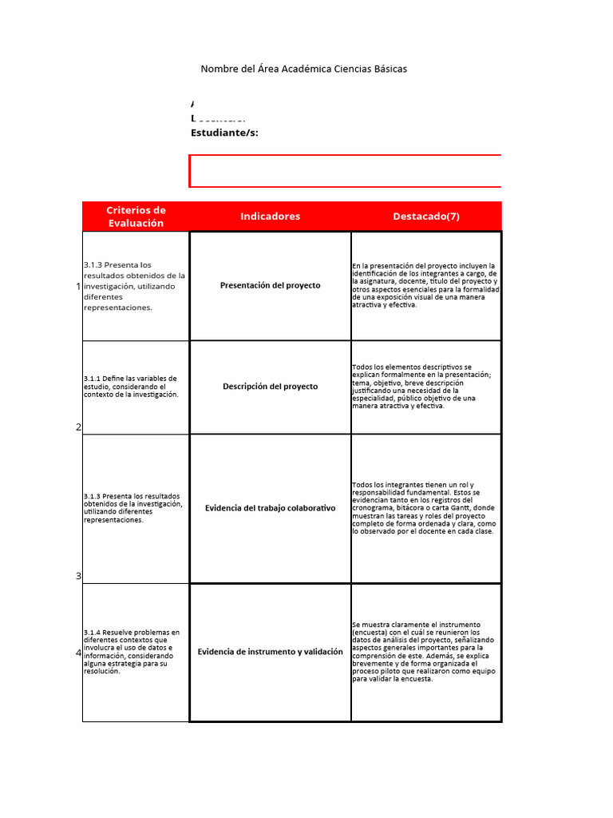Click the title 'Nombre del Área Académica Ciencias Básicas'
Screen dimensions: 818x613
pyautogui.click(x=303, y=69)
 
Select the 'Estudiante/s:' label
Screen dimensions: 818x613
pyautogui.click(x=224, y=133)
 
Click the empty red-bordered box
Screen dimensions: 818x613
pyautogui.click(x=346, y=171)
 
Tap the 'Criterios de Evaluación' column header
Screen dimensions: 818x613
pyautogui.click(x=136, y=216)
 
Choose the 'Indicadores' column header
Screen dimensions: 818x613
pyautogui.click(x=270, y=216)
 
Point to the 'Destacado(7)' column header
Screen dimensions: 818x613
pyautogui.click(x=426, y=216)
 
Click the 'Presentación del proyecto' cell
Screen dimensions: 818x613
pyautogui.click(x=270, y=285)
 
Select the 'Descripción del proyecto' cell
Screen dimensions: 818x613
pyautogui.click(x=270, y=387)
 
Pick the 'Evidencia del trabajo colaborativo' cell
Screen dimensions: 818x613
pyautogui.click(x=270, y=508)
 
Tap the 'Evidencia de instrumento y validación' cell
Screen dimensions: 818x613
pyautogui.click(x=270, y=652)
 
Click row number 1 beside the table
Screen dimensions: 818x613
pyautogui.click(x=78, y=286)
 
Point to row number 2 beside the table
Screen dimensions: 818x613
pyautogui.click(x=78, y=427)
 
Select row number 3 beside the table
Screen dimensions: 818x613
pyautogui.click(x=78, y=576)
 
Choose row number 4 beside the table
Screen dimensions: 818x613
pyautogui.click(x=78, y=653)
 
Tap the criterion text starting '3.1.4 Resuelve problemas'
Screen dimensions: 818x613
pyautogui.click(x=132, y=652)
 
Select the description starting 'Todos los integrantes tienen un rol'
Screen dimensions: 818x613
pyautogui.click(x=426, y=508)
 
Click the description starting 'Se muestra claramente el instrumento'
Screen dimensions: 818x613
pyautogui.click(x=426, y=652)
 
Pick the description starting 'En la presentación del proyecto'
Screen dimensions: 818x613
pyautogui.click(x=426, y=285)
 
